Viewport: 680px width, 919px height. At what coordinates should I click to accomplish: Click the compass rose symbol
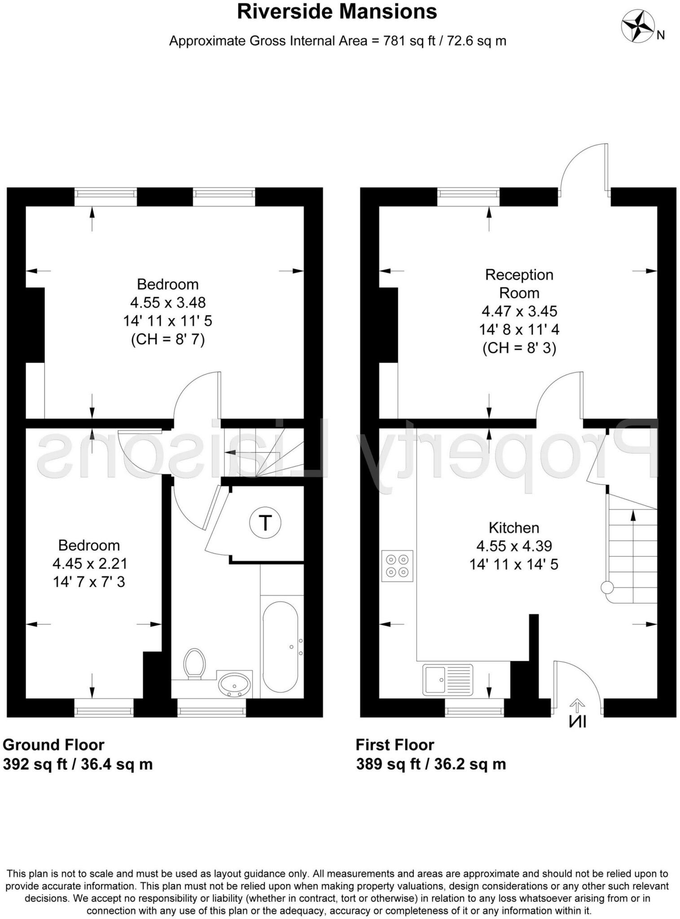tap(637, 26)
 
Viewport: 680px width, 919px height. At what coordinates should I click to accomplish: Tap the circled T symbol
tap(265, 523)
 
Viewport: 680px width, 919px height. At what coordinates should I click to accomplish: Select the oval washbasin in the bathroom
tap(234, 685)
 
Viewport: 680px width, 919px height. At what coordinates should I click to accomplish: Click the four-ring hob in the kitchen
tap(397, 566)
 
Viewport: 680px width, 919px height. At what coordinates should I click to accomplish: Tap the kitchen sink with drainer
tap(447, 679)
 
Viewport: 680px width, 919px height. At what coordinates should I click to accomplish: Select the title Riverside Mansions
tap(337, 12)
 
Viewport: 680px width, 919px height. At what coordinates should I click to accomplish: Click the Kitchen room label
tap(513, 527)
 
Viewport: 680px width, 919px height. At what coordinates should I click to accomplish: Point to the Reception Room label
tap(519, 284)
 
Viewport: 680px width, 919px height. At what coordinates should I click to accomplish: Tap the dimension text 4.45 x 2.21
tap(89, 563)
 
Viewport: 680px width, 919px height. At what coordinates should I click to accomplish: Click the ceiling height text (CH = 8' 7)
tap(167, 339)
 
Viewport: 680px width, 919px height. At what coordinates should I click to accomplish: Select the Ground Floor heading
tap(53, 745)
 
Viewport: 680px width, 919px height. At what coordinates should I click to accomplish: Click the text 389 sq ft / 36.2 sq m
tap(431, 764)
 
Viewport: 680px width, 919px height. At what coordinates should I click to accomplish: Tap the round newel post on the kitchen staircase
tap(607, 587)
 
